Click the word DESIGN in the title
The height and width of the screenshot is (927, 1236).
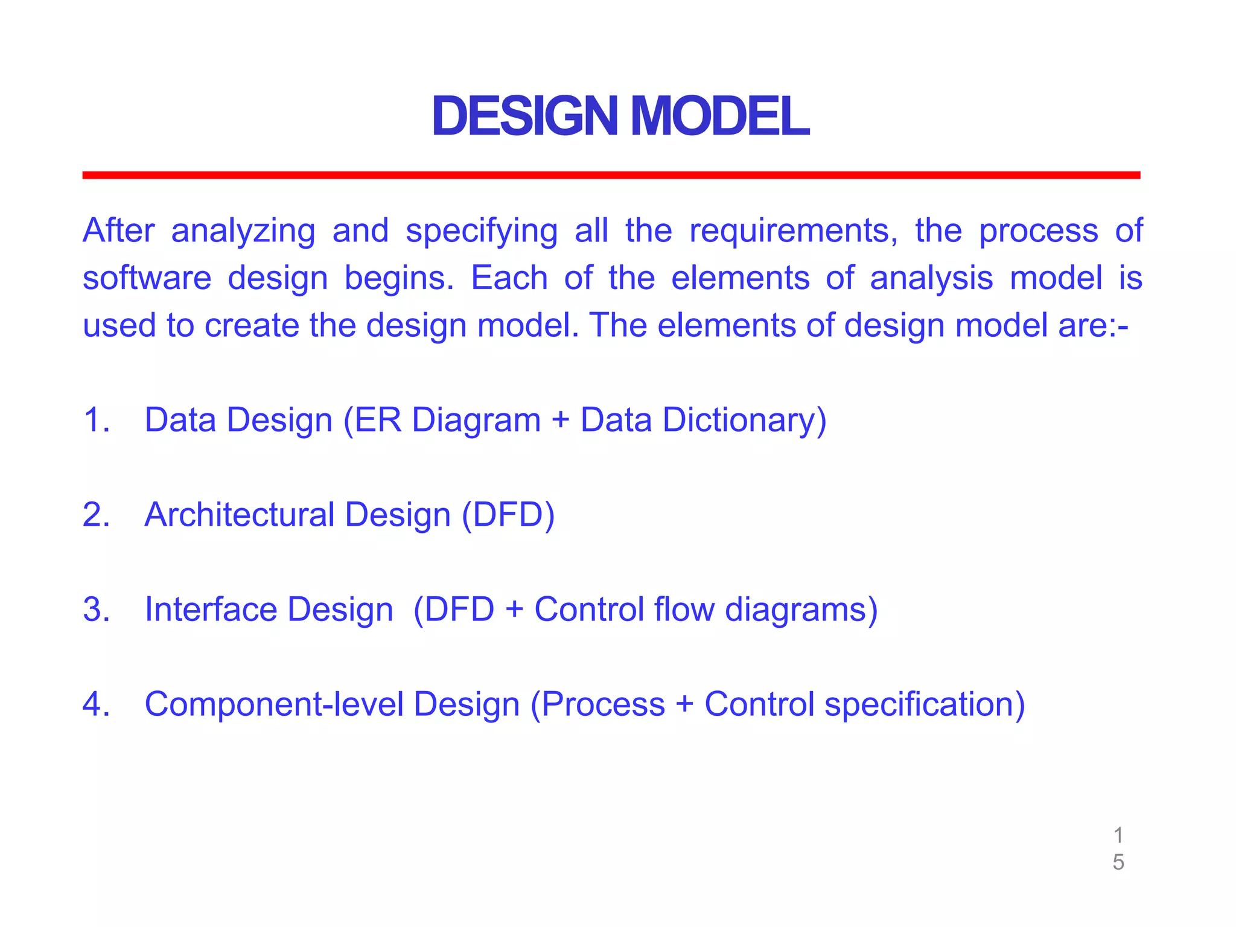tap(525, 116)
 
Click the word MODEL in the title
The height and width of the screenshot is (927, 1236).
tap(719, 116)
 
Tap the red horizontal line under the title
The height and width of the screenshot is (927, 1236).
tap(611, 175)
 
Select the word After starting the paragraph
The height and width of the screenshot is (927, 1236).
tap(118, 231)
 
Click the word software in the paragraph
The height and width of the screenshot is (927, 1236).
tap(147, 278)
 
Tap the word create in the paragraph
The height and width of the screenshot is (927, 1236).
tap(252, 325)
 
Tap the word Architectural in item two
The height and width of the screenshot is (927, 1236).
tap(240, 515)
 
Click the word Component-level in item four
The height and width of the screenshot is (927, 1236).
tap(273, 704)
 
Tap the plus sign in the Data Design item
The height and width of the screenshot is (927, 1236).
tap(561, 421)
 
